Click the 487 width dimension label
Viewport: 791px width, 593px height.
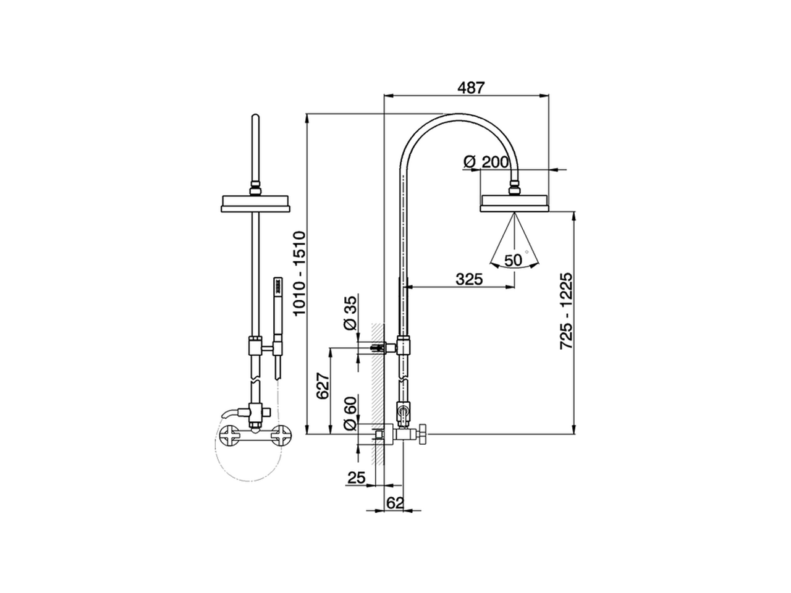coord(471,87)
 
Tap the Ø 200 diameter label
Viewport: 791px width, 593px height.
coord(485,162)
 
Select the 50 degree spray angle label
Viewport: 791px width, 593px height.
coord(513,260)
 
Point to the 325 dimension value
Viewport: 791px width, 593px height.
coord(469,279)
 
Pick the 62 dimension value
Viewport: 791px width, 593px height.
coord(395,503)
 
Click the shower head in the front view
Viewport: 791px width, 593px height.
coord(255,203)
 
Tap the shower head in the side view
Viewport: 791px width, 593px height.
coord(515,203)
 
